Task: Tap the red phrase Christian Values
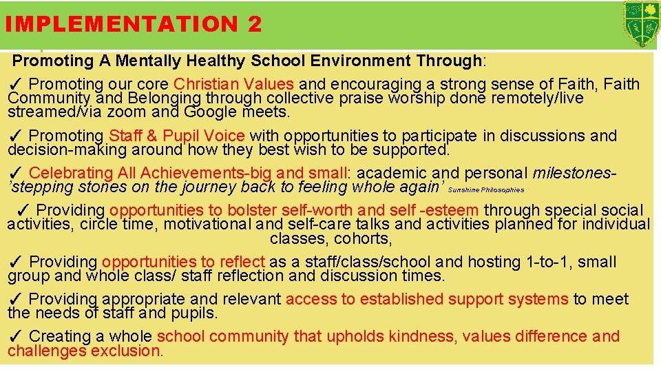click(234, 85)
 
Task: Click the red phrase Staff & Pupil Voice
click(176, 136)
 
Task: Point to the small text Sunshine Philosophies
click(486, 189)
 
